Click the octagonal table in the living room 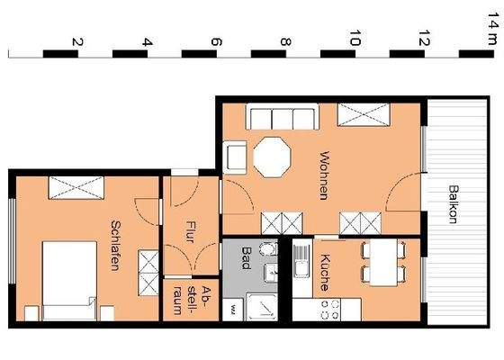pyautogui.click(x=273, y=157)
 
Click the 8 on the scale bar pyautogui.click(x=285, y=42)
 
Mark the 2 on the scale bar pyautogui.click(x=77, y=42)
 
